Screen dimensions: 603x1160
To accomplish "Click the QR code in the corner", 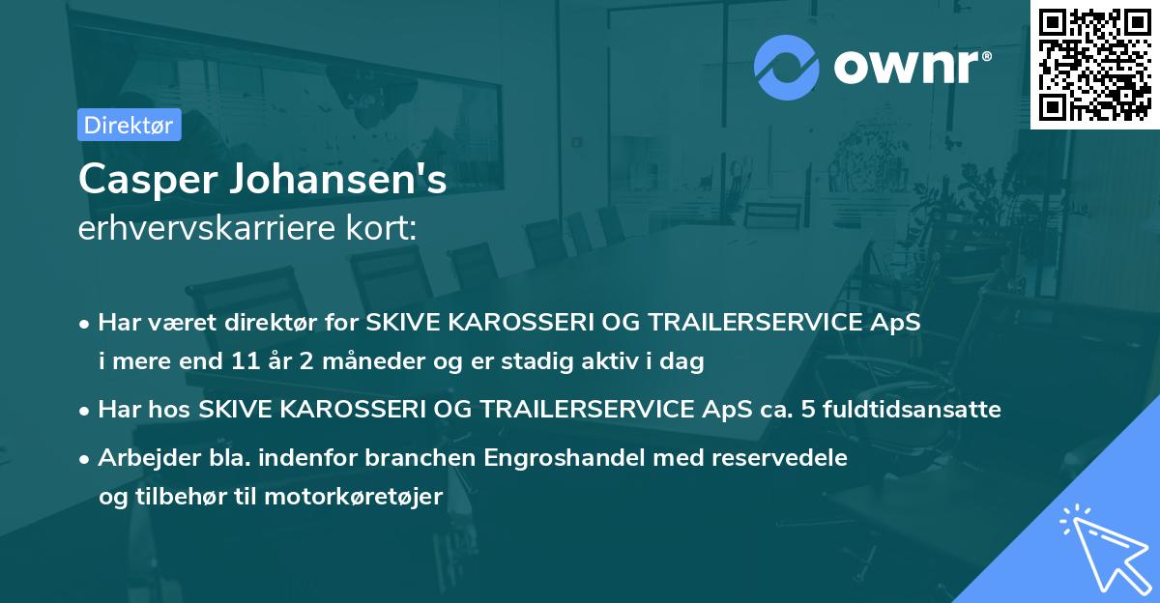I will (x=1094, y=64).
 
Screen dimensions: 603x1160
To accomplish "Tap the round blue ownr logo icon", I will (x=787, y=67).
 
